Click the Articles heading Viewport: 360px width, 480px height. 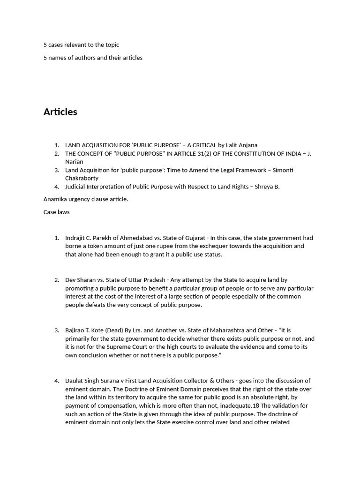click(60, 112)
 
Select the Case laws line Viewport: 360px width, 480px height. click(56, 212)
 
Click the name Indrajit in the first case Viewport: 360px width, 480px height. click(76, 238)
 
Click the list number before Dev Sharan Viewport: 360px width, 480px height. click(56, 280)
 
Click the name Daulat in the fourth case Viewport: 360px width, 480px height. click(75, 381)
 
